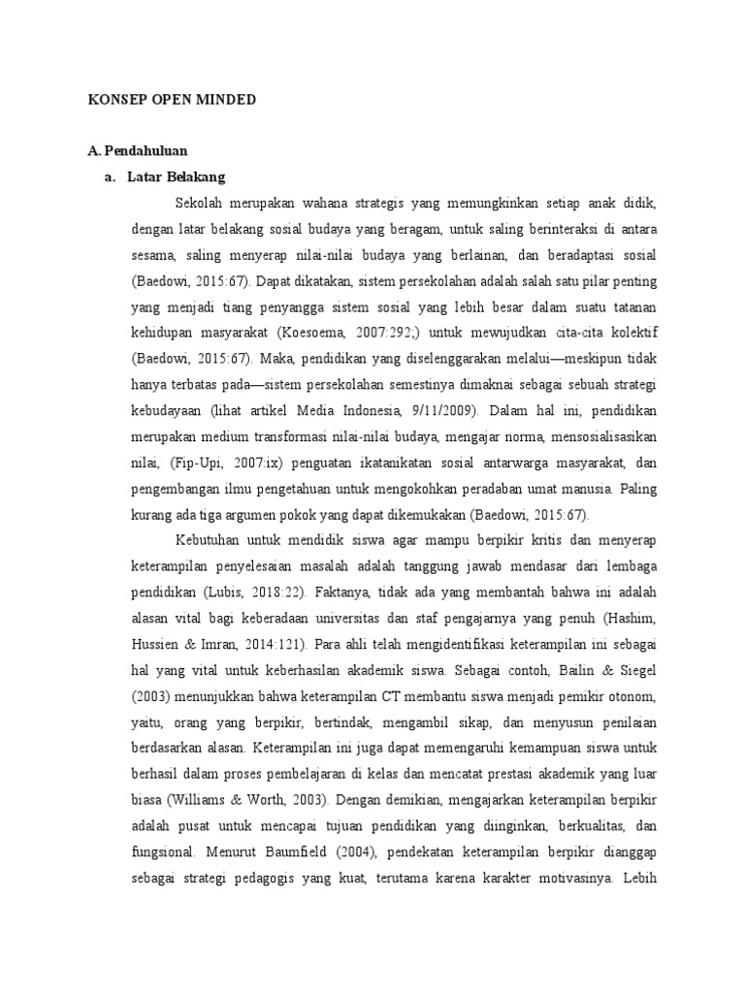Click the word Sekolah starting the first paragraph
200,205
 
